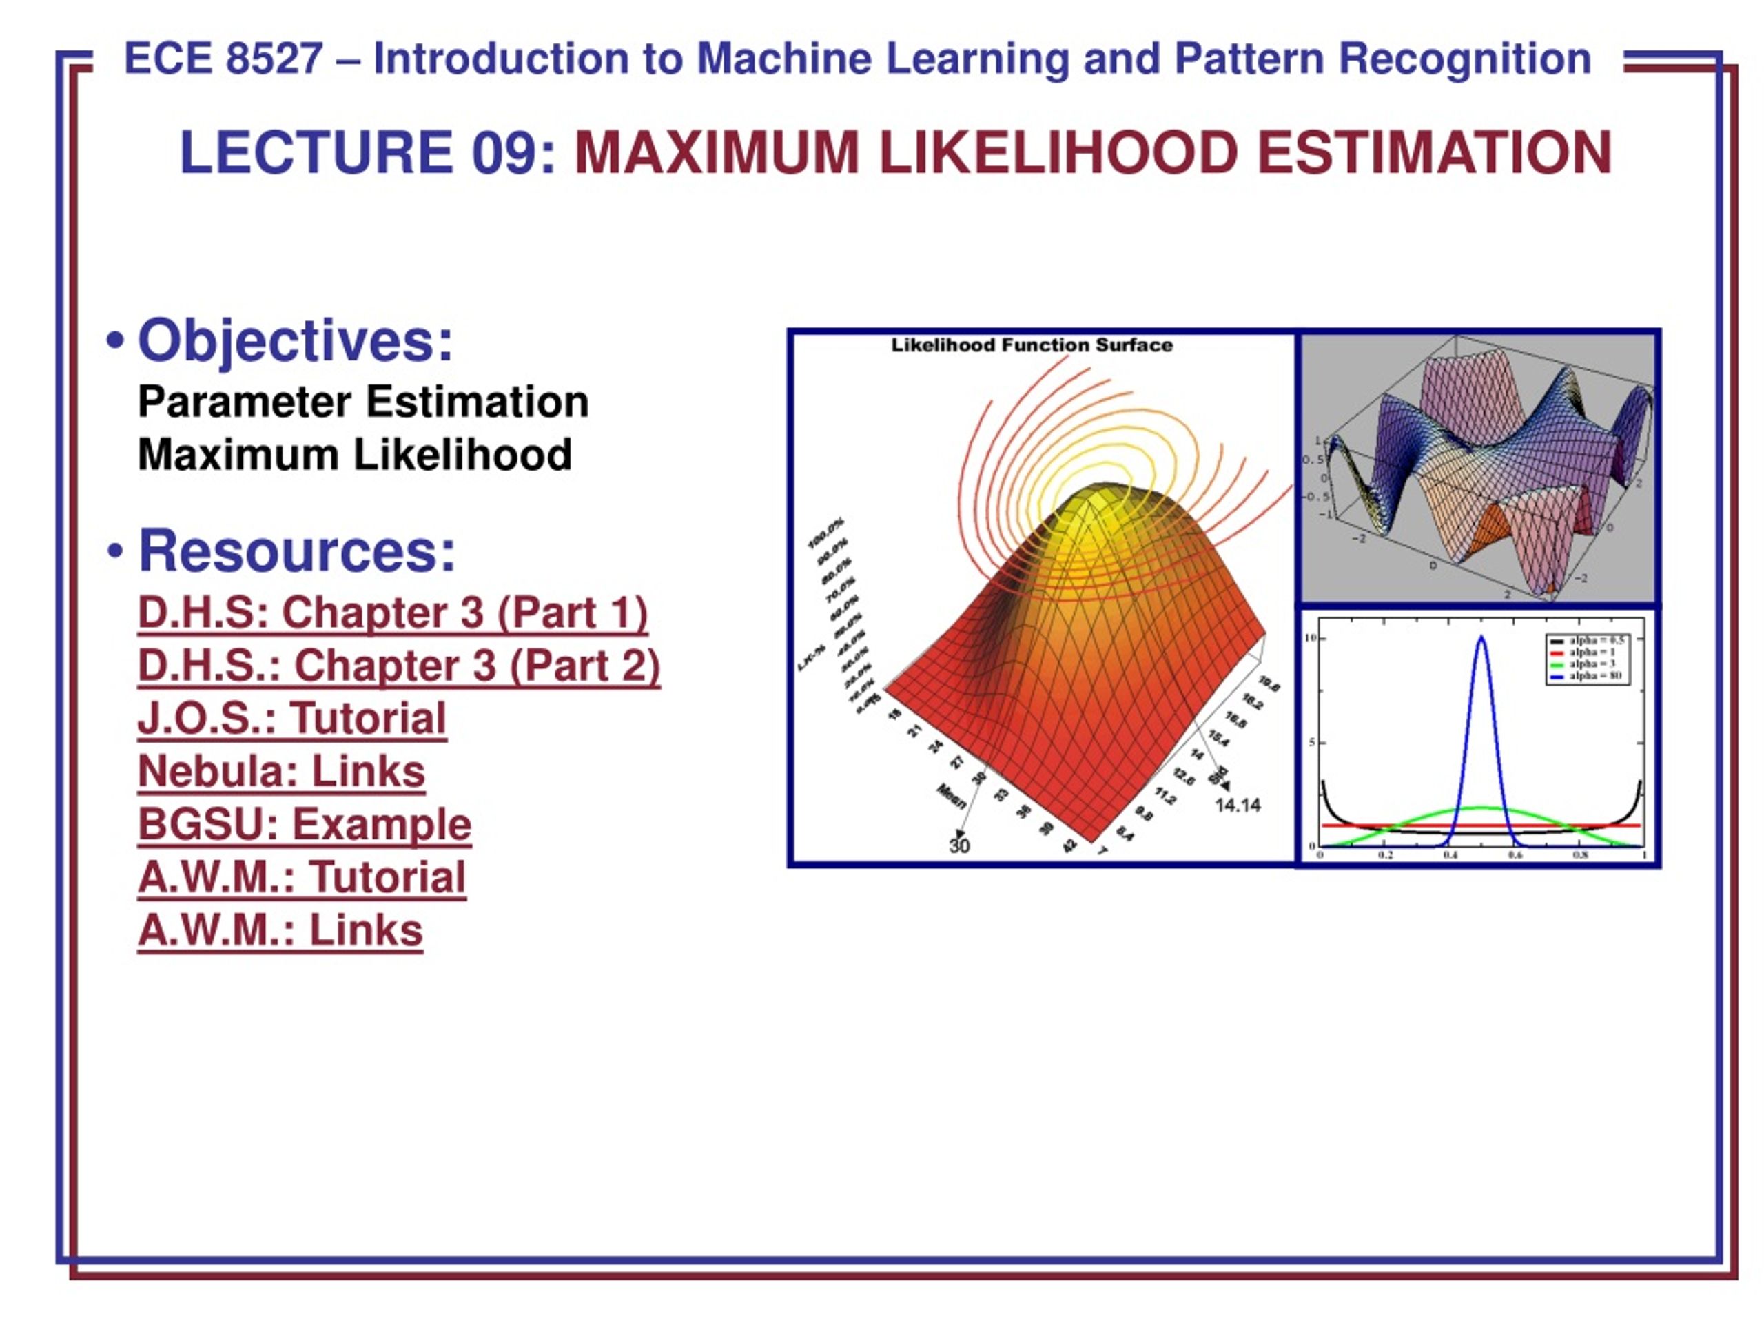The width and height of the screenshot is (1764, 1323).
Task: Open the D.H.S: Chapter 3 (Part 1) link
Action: pyautogui.click(x=391, y=613)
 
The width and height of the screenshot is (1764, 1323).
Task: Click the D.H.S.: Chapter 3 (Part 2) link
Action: pyautogui.click(x=398, y=665)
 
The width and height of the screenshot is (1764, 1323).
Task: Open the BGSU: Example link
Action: pyautogui.click(x=304, y=824)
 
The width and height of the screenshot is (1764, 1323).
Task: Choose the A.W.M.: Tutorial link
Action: pyautogui.click(x=300, y=877)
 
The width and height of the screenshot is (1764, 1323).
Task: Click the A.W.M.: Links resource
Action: pyautogui.click(x=280, y=930)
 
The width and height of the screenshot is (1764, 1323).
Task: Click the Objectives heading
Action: pyautogui.click(x=294, y=340)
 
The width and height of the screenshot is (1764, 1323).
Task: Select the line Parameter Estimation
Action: pyautogui.click(x=363, y=401)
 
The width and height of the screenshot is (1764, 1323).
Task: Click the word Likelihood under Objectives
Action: pyautogui.click(x=462, y=455)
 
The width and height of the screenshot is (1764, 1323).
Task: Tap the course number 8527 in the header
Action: pyautogui.click(x=274, y=59)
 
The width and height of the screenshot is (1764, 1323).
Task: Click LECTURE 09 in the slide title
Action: pyautogui.click(x=366, y=152)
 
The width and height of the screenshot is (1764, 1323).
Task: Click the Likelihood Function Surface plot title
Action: pyautogui.click(x=1031, y=345)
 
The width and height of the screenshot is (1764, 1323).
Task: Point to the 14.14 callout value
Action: pyautogui.click(x=1237, y=806)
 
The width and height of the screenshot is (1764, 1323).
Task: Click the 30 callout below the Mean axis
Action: pyautogui.click(x=958, y=846)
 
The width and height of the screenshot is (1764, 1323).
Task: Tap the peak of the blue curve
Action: pyautogui.click(x=1481, y=638)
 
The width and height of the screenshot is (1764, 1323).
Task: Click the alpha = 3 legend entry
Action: pyautogui.click(x=1591, y=664)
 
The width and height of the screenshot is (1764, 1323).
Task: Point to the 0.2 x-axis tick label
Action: pyautogui.click(x=1385, y=855)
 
